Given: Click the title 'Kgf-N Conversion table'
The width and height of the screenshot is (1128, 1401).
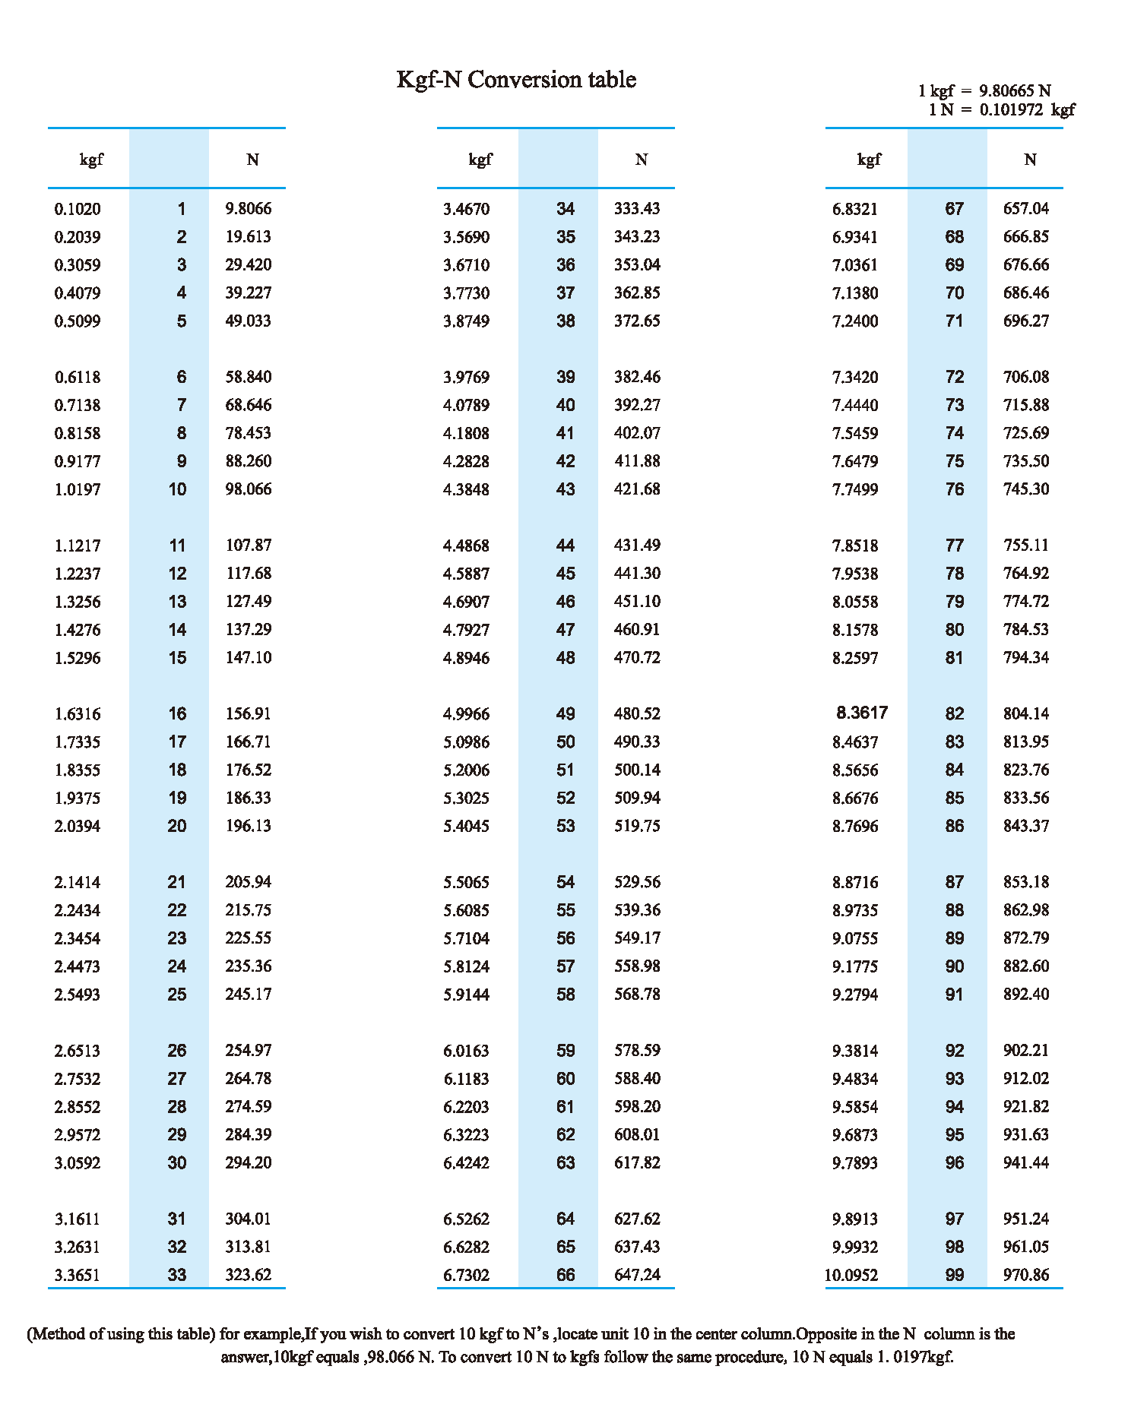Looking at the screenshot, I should (516, 80).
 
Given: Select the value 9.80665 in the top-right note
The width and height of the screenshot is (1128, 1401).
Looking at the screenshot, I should (1007, 91).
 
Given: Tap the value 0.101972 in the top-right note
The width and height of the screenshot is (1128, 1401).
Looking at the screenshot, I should (1011, 109).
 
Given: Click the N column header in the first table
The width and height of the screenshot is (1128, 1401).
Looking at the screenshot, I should (252, 160).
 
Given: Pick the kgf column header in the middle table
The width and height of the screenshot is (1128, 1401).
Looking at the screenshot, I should (480, 160).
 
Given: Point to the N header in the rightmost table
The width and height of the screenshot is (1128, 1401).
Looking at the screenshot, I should (1030, 160).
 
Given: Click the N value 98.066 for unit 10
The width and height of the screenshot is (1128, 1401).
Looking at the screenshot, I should (249, 489).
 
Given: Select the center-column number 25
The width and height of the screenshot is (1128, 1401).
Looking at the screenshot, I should (177, 995).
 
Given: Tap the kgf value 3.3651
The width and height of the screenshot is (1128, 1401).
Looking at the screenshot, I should (78, 1275).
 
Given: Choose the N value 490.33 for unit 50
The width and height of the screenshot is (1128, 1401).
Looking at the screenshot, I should (637, 742).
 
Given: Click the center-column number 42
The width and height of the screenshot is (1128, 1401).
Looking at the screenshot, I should (566, 461).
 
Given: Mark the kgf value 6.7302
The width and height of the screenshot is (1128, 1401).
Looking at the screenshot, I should (467, 1275).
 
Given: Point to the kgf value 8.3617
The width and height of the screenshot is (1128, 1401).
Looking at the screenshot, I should (862, 713).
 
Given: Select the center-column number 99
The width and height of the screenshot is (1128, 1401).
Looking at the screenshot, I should (955, 1275).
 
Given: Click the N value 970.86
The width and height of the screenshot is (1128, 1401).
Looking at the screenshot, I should (1026, 1275).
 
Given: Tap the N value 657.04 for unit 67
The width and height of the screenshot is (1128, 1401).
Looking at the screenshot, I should (1026, 209).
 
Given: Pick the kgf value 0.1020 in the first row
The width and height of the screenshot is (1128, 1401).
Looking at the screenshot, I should (78, 209).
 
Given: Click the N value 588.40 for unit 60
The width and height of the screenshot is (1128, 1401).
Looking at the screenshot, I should (637, 1079).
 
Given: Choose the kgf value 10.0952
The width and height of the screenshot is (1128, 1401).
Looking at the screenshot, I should (851, 1275).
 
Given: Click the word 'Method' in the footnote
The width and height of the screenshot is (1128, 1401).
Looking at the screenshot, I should (59, 1334).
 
